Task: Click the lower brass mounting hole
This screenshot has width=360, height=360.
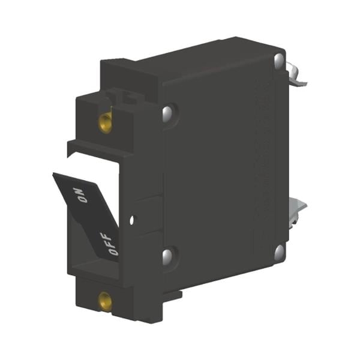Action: click(x=105, y=302)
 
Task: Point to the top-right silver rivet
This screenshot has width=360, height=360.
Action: click(x=279, y=61)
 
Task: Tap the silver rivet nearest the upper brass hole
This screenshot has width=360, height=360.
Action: click(x=167, y=114)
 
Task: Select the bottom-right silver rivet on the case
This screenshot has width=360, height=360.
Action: click(x=279, y=253)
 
